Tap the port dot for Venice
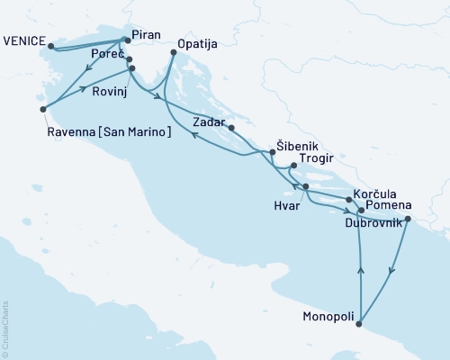49,45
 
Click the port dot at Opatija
173,54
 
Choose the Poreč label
108,55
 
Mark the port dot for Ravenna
42,109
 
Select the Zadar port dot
232,128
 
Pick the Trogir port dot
292,166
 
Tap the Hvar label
287,206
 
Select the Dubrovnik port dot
408,219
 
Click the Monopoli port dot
361,324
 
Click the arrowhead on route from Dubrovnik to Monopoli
390,271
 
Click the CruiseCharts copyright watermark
5,328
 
